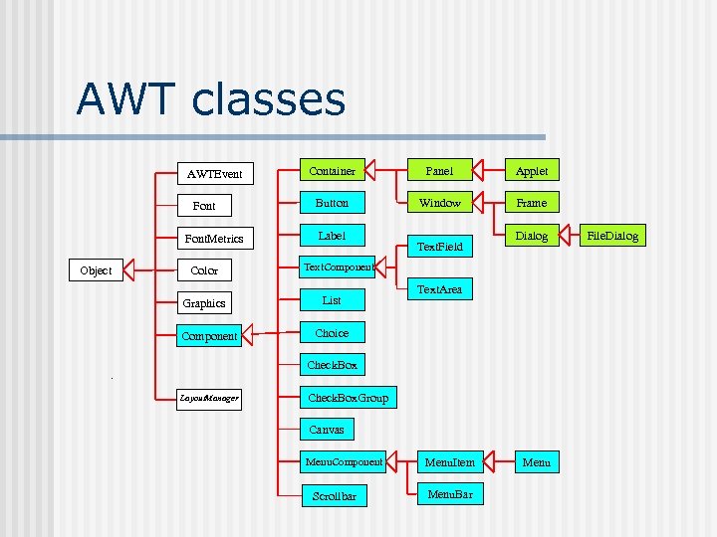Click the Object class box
(x=96, y=270)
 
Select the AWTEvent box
(x=215, y=173)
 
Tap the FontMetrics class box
(x=214, y=239)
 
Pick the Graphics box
(x=203, y=303)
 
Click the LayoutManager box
(x=209, y=398)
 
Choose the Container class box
(x=332, y=171)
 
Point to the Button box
(x=332, y=203)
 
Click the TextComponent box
(x=338, y=267)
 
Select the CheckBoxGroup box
(x=349, y=398)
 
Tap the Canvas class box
(x=327, y=430)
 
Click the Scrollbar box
(x=334, y=495)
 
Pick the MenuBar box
(x=449, y=493)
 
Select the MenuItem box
(x=450, y=461)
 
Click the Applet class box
(x=532, y=171)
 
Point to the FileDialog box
(x=612, y=236)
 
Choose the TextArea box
(x=440, y=290)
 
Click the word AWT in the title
(x=125, y=99)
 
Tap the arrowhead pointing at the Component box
(x=250, y=334)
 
